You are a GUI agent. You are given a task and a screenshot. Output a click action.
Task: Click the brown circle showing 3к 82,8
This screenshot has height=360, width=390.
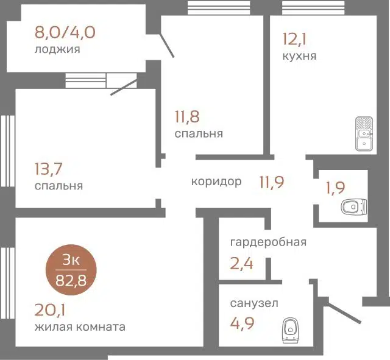click(71, 270)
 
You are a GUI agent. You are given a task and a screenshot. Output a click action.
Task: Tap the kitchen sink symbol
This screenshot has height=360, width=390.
click(364, 134)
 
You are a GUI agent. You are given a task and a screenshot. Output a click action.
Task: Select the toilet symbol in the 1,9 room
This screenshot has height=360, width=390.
click(354, 206)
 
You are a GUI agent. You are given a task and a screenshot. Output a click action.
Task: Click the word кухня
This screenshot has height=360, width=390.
click(299, 56)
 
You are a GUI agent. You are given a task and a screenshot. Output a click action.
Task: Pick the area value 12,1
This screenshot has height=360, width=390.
click(294, 39)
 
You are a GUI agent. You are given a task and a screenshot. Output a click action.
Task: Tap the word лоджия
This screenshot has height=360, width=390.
click(57, 49)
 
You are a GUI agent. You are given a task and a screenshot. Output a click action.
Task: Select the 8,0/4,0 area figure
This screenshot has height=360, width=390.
click(65, 32)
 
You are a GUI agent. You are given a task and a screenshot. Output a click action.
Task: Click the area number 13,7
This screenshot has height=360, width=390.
click(49, 169)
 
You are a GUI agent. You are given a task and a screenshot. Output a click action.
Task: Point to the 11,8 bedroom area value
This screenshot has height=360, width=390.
click(187, 116)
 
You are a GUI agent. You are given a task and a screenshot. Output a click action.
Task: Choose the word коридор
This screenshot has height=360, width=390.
click(216, 182)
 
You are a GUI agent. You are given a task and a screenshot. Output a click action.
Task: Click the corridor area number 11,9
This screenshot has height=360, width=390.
click(272, 182)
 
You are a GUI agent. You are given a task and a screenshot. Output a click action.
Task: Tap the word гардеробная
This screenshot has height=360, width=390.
click(268, 242)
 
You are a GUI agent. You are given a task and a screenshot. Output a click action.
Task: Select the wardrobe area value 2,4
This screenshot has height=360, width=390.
click(241, 264)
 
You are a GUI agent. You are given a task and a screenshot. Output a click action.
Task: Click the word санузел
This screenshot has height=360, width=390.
click(254, 303)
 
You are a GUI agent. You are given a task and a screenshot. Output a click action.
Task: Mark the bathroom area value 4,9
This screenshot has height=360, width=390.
click(242, 323)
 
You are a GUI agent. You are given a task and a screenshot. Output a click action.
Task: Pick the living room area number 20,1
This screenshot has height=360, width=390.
click(50, 310)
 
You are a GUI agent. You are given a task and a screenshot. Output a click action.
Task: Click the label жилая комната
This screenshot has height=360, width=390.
click(80, 326)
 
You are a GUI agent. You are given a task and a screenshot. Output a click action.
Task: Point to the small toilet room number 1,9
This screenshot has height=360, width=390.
click(336, 188)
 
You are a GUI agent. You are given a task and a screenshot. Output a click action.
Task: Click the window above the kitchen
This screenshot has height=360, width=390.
click(313, 7)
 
